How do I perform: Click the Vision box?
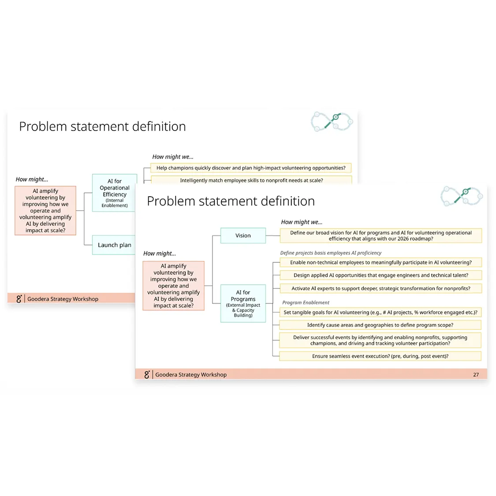[243, 235]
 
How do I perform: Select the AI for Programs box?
[243, 303]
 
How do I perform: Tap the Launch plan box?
[114, 245]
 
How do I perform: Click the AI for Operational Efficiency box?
[115, 193]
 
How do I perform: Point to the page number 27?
[476, 375]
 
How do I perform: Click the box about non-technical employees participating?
[380, 262]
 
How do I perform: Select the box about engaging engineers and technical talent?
[380, 275]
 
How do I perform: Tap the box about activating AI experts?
[380, 288]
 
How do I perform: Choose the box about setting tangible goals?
[380, 312]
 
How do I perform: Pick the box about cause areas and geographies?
[380, 325]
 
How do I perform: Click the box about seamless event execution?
[380, 356]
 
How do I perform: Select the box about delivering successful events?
[380, 340]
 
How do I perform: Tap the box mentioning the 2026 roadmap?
[380, 235]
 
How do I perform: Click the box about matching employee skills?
[251, 180]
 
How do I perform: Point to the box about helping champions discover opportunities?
[251, 168]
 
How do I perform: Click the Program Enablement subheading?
[306, 302]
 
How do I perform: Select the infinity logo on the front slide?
[462, 196]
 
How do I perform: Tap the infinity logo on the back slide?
[332, 121]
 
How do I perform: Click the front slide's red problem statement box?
[173, 286]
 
